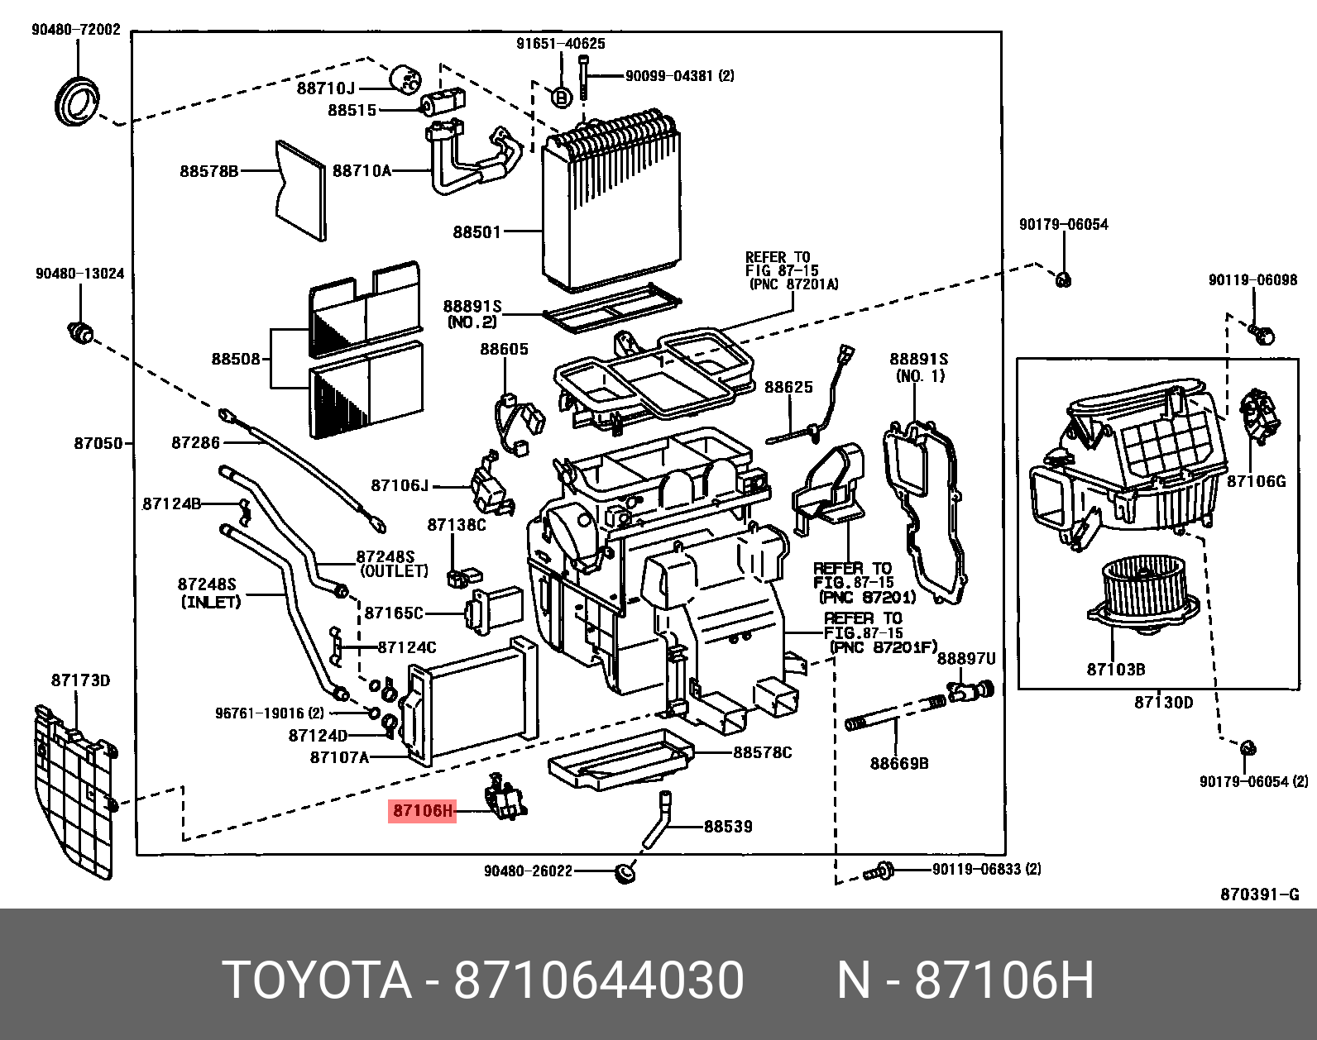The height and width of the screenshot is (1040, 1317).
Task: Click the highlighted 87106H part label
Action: coord(422,811)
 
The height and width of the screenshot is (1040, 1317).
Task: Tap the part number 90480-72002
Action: coord(76,30)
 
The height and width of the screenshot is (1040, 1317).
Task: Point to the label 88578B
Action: coord(208,171)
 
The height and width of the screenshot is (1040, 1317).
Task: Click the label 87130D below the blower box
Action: coord(1163,703)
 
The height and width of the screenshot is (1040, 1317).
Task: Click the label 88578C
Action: coord(761,752)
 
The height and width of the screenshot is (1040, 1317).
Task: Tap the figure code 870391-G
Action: coord(1260,894)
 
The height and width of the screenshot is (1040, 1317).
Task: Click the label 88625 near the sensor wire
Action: coord(788,387)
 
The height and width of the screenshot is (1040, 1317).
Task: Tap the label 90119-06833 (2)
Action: coord(986,869)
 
